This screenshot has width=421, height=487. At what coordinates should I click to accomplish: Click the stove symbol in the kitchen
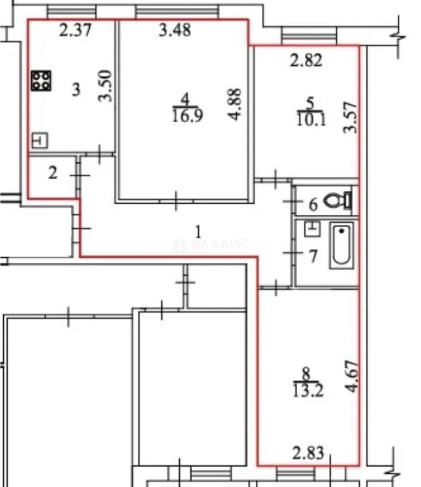[41, 81]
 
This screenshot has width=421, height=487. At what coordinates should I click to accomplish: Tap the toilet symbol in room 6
[338, 200]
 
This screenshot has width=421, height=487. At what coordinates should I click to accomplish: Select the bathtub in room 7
[341, 246]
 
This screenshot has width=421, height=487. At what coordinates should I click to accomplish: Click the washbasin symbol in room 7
[312, 229]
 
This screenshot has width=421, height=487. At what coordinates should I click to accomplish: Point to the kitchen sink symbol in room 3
[40, 140]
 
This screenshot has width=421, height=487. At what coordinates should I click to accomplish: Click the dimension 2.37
[75, 31]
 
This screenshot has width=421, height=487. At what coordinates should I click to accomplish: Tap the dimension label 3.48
[174, 31]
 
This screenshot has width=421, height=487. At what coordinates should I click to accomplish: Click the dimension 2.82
[306, 60]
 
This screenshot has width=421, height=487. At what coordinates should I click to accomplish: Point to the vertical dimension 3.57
[350, 117]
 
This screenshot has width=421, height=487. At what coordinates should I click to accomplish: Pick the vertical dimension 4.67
[352, 376]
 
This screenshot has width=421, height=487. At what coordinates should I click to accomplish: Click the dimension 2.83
[308, 453]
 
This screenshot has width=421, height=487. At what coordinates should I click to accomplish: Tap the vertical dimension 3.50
[105, 86]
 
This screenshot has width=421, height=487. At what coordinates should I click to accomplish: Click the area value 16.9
[187, 115]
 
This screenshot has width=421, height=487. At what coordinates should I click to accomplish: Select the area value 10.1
[312, 119]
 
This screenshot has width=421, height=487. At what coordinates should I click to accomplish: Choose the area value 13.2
[308, 391]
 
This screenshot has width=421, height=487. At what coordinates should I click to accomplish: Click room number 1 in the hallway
[198, 232]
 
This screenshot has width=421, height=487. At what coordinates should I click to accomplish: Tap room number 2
[52, 173]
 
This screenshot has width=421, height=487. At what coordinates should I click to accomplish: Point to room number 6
[313, 205]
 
